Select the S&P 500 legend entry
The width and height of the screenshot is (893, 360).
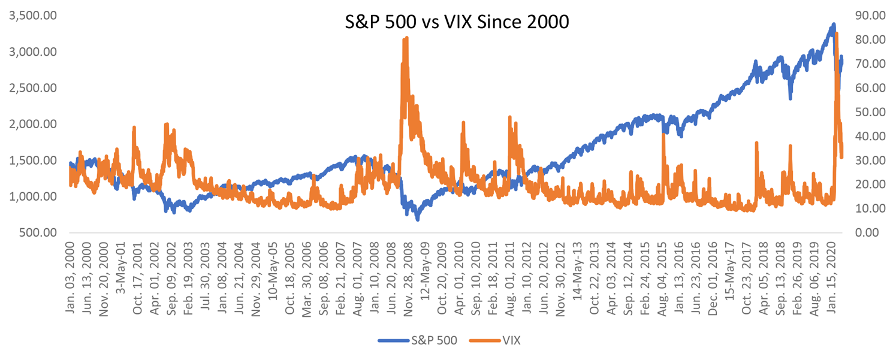tap(427, 340)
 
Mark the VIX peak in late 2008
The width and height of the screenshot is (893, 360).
tap(407, 38)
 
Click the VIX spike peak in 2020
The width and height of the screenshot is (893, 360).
tap(836, 34)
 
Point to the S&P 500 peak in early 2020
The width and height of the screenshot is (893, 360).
tap(833, 25)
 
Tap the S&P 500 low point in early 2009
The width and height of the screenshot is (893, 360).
tap(417, 219)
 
